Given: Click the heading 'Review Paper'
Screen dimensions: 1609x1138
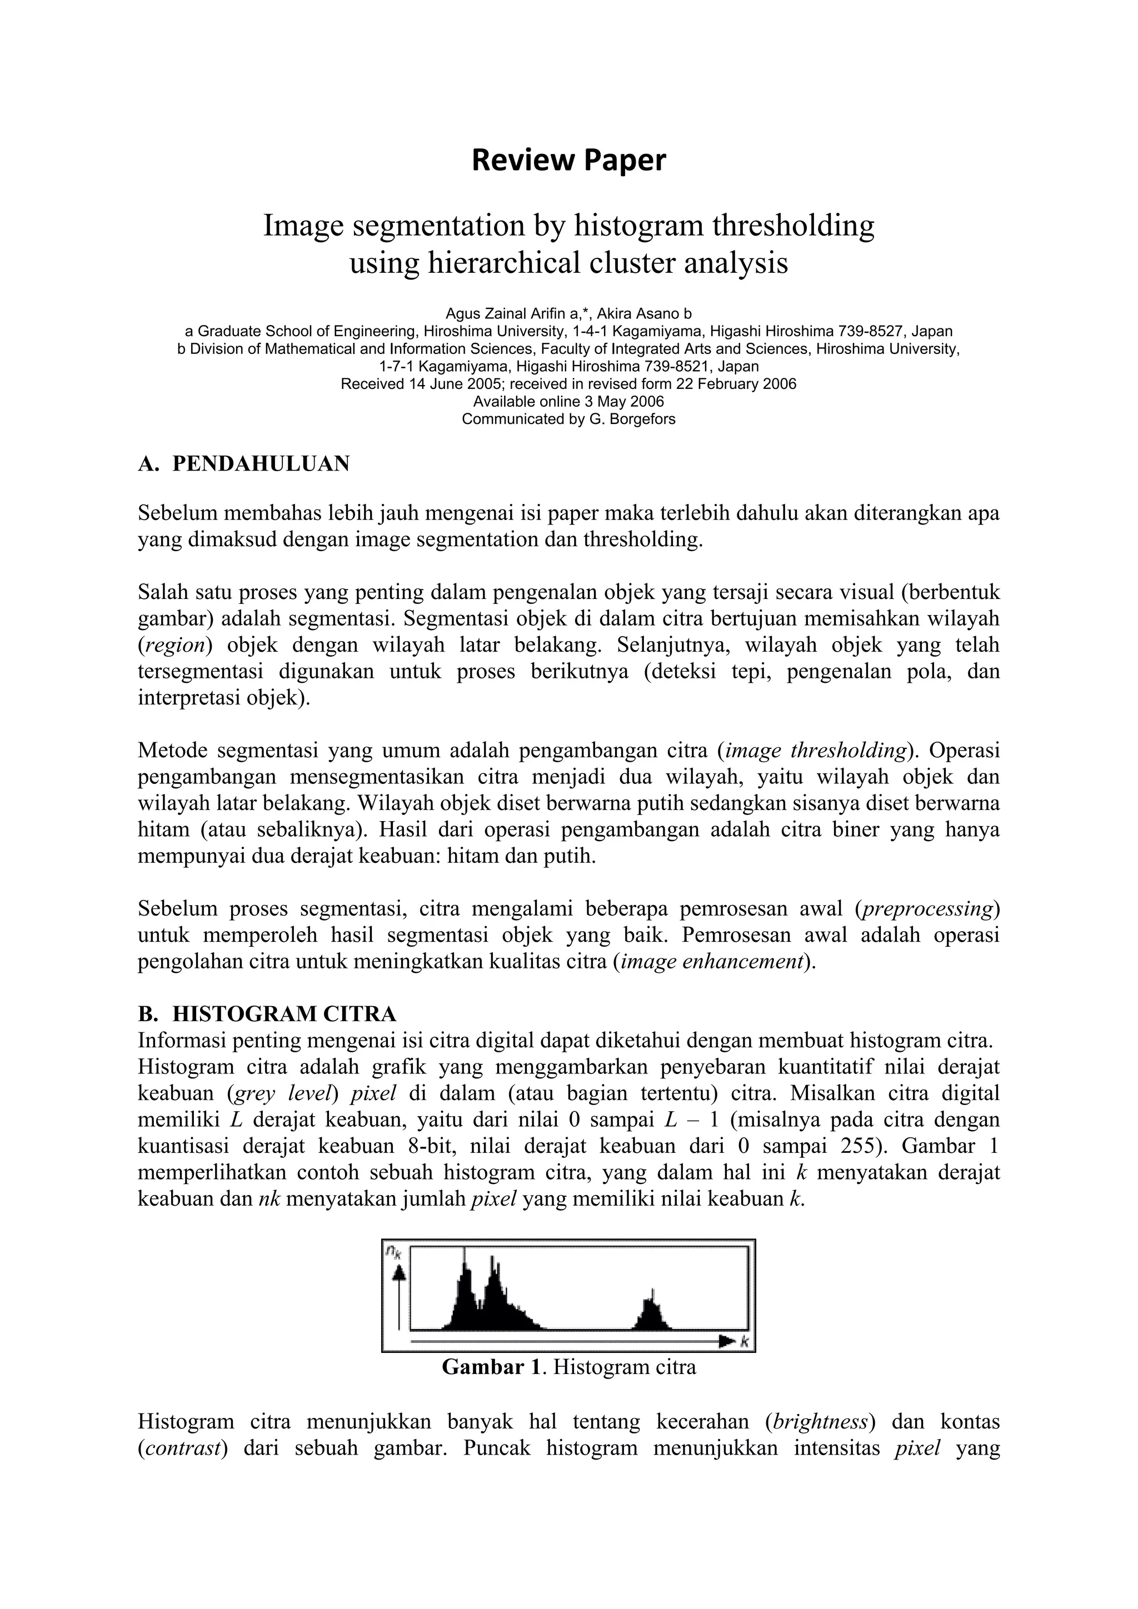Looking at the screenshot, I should (568, 161).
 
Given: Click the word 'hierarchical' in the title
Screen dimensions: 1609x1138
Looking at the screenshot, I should (506, 263).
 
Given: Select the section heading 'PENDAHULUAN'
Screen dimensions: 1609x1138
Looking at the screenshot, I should (261, 464).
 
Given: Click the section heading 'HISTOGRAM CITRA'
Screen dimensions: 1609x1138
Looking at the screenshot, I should (284, 1014).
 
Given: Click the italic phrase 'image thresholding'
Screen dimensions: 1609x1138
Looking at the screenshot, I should (816, 751).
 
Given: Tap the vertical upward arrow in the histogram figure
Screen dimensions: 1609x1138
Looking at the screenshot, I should (399, 1293).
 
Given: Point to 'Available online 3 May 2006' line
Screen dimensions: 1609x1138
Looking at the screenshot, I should (568, 402).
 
